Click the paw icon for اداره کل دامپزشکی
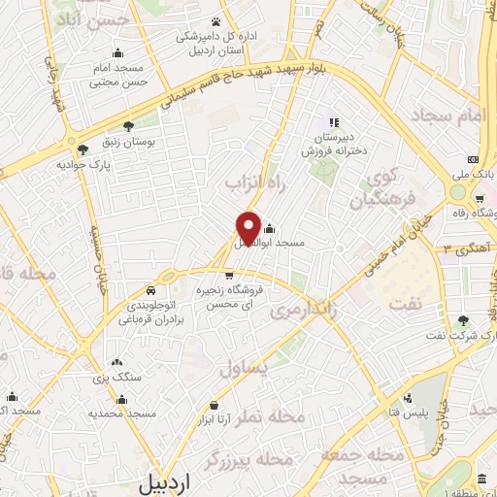coord(215,21)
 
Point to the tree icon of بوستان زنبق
coord(128,126)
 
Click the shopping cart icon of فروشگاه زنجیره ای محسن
coord(229,276)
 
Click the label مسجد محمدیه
coord(122,414)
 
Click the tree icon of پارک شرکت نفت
coord(463,320)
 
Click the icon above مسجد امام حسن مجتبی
coord(118,54)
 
